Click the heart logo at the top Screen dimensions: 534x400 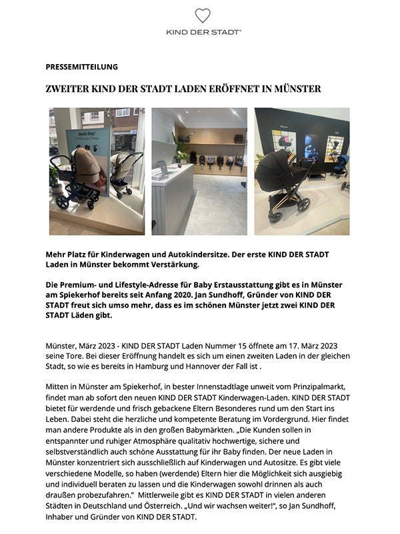203,16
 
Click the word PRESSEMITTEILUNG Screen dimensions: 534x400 81,67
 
